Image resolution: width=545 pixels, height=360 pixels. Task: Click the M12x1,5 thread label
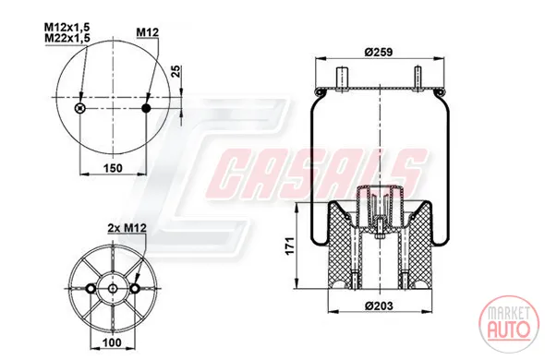tap(67, 27)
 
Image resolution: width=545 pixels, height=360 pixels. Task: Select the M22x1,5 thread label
tap(67, 38)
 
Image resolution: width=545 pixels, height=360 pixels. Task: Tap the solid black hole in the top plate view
tap(146, 108)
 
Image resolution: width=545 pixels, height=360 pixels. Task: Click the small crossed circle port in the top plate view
tap(80, 108)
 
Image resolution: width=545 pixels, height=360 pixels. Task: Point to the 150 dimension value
tap(113, 168)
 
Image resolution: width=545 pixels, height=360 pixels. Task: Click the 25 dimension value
tap(176, 71)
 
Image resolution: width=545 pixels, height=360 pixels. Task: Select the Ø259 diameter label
tap(379, 52)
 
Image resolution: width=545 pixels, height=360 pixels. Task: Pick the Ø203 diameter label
tap(380, 306)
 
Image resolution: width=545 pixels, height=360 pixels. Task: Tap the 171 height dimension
tap(290, 246)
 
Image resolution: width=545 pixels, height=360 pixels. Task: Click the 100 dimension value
tap(113, 342)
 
